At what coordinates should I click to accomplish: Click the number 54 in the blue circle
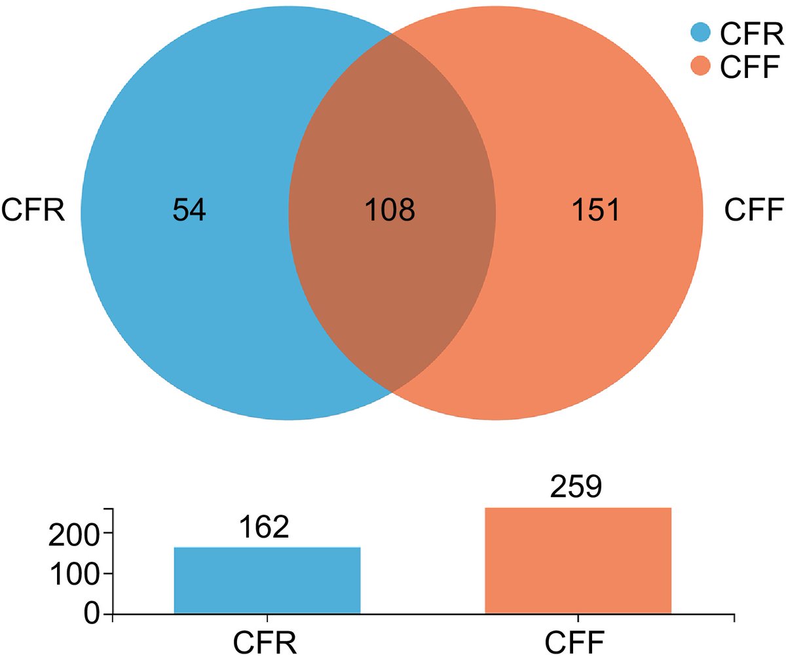point(189,210)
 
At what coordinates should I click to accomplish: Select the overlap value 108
point(390,210)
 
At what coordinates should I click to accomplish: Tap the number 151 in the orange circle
point(596,210)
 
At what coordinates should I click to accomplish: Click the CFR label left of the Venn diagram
point(33,210)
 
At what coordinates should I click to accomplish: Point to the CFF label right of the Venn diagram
point(754,210)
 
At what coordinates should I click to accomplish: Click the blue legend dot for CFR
point(700,32)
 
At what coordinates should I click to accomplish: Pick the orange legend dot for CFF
point(700,66)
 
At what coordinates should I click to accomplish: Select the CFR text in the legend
point(751,33)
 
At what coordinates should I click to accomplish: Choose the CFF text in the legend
point(750,67)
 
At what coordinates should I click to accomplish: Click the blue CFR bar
point(267,580)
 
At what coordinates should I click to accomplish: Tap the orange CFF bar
point(578,561)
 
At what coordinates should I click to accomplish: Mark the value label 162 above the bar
point(264,527)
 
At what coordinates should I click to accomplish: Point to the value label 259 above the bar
point(576,487)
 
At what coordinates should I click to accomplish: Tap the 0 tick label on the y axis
point(91,613)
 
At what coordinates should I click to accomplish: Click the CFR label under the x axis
point(265,643)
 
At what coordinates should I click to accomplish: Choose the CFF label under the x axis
point(574,643)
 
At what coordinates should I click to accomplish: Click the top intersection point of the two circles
point(392,33)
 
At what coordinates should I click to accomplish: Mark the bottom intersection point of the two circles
point(392,392)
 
